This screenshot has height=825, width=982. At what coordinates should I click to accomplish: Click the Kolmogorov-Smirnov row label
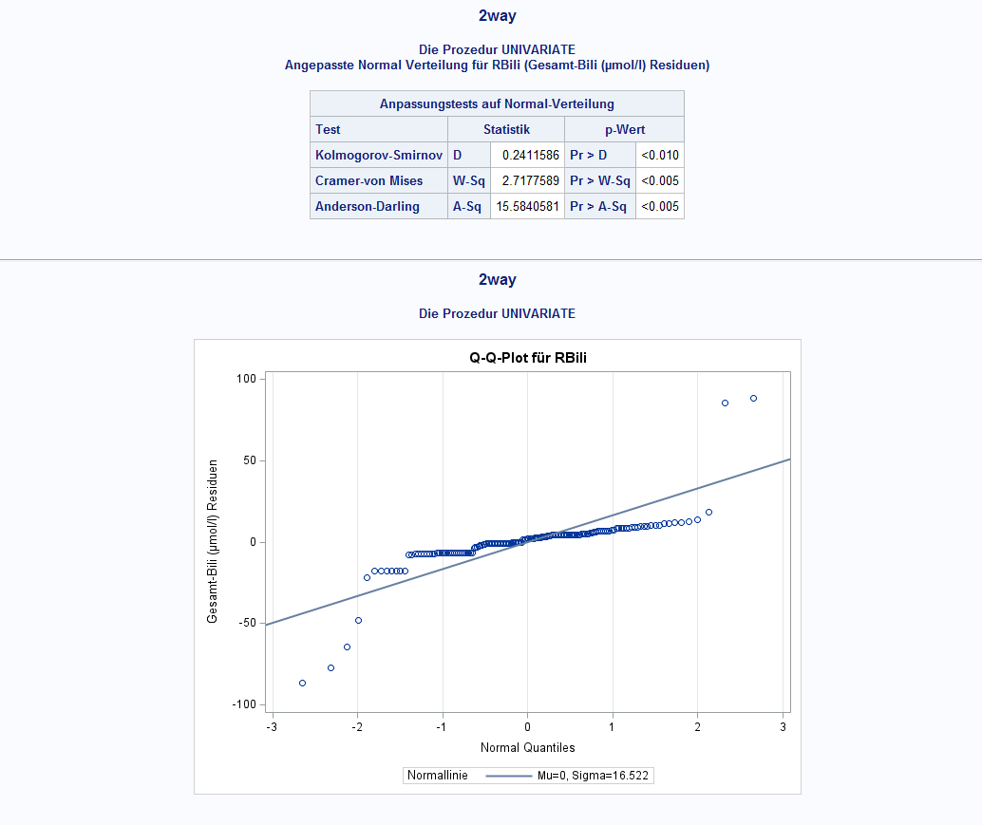[x=378, y=155]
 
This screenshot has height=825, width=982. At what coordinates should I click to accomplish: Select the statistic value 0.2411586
[x=527, y=155]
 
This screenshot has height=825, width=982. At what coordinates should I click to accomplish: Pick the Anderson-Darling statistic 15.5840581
[x=527, y=206]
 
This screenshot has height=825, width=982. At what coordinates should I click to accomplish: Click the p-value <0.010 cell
[x=659, y=155]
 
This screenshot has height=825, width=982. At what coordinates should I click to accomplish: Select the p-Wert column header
[x=624, y=129]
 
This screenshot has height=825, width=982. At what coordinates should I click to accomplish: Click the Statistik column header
[x=506, y=129]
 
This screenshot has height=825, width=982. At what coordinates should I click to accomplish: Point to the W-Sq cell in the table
[x=468, y=180]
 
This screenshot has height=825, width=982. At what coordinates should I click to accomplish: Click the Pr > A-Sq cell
[x=599, y=206]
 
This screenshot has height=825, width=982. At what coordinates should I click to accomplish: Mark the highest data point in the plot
[x=753, y=398]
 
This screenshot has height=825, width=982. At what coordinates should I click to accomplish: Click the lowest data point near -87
[x=302, y=683]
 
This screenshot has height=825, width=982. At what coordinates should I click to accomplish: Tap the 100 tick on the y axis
[x=246, y=379]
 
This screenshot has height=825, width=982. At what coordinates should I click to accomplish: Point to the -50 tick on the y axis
[x=246, y=623]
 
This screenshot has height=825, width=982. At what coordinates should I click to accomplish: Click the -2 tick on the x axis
[x=356, y=727]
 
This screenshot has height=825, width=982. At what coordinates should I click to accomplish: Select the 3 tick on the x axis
[x=783, y=727]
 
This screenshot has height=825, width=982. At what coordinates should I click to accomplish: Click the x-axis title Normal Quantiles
[x=527, y=747]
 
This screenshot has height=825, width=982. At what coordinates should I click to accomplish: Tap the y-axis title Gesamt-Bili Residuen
[x=213, y=541]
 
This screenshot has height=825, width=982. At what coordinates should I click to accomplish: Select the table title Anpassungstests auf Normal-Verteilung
[x=497, y=103]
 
